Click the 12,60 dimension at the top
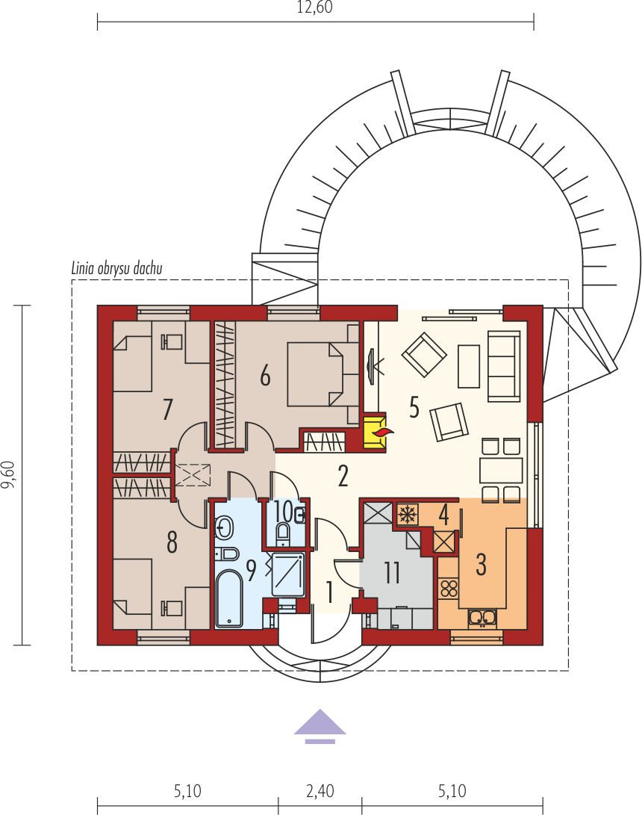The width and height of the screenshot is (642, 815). coord(315,7)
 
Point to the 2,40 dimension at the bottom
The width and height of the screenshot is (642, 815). coord(320,791)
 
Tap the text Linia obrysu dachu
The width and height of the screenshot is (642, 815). coord(117,268)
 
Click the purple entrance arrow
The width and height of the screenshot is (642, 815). coord(320,726)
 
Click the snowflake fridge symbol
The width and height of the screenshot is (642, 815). coord(408,514)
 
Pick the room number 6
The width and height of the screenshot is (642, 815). coord(266,375)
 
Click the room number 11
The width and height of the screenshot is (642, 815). coord(392,573)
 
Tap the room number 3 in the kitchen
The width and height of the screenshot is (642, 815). coord(481,565)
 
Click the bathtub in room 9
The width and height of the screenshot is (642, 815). coord(229,599)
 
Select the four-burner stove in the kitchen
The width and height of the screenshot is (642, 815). coord(449,589)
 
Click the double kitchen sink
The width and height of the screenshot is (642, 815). coord(482,617)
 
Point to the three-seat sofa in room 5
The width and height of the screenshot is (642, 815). coord(504,367)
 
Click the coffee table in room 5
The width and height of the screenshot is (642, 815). coord(469,366)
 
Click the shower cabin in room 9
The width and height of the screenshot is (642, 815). coord(288,575)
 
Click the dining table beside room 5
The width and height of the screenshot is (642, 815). coord(501,471)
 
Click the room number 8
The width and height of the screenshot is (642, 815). coord(172,542)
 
